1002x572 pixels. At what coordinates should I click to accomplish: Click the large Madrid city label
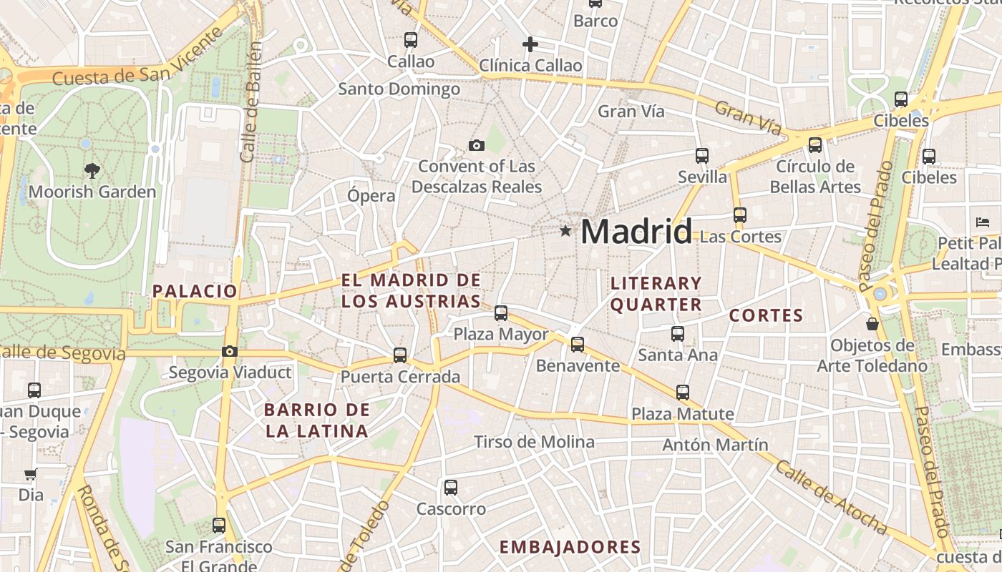click(636, 232)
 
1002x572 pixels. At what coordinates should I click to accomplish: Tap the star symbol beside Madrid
click(566, 231)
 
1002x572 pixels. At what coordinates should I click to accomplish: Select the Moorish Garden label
click(92, 192)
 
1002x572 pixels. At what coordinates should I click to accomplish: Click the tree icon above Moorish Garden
click(92, 170)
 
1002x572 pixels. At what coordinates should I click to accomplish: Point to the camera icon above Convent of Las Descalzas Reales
click(477, 146)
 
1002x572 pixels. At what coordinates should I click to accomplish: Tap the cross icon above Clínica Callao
click(530, 44)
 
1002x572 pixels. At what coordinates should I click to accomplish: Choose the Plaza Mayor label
click(501, 334)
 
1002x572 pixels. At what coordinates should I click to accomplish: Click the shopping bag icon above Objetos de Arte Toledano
click(872, 324)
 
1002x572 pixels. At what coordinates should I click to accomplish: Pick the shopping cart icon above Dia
click(30, 474)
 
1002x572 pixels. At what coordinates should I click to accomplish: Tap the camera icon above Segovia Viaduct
click(230, 351)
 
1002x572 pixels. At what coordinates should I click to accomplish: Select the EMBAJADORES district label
click(570, 548)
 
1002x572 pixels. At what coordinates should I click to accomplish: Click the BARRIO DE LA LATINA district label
click(316, 420)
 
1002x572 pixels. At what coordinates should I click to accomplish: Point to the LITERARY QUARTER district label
click(656, 294)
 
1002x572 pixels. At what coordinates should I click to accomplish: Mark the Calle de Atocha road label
click(831, 498)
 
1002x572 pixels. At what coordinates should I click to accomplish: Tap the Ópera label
click(371, 196)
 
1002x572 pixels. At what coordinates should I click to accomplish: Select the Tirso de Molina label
click(534, 442)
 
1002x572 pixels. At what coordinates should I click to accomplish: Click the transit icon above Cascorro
click(450, 488)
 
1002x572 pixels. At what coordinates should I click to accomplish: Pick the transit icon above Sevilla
click(702, 155)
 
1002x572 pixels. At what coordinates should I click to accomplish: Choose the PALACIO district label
click(195, 291)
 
